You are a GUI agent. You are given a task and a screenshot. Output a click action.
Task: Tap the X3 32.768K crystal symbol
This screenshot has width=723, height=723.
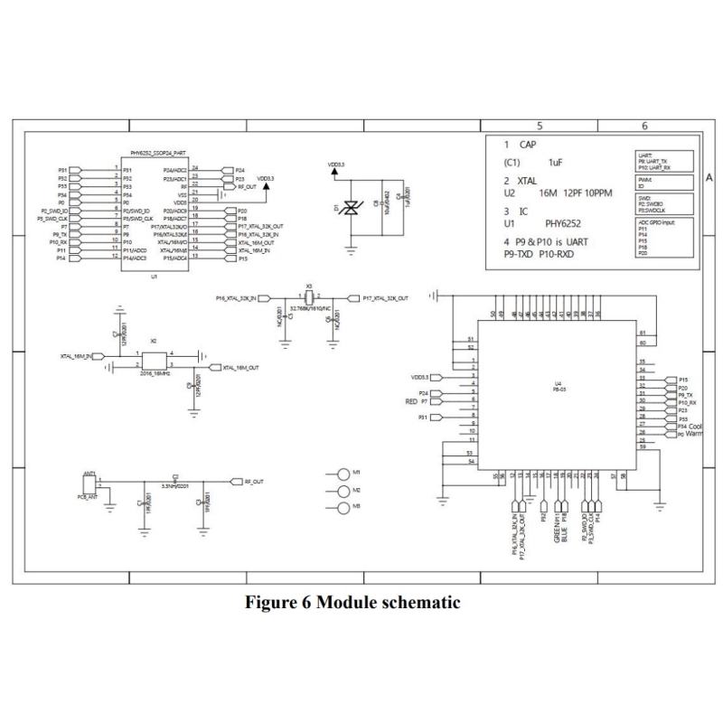pyautogui.click(x=309, y=297)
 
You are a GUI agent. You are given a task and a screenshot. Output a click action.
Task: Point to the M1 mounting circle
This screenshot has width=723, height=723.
pyautogui.click(x=343, y=474)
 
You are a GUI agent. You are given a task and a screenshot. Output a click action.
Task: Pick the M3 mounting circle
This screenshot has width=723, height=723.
pyautogui.click(x=343, y=509)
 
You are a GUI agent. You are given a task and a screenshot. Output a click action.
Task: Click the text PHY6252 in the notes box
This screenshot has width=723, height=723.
pyautogui.click(x=566, y=221)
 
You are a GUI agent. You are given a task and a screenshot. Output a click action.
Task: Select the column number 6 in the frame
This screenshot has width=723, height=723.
pyautogui.click(x=644, y=127)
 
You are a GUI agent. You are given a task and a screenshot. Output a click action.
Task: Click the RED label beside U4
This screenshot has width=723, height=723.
pyautogui.click(x=410, y=400)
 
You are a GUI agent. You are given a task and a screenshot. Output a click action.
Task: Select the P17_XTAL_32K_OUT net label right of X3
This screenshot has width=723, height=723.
pyautogui.click(x=386, y=297)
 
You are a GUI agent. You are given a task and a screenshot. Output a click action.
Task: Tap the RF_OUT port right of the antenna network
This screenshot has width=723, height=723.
pyautogui.click(x=250, y=482)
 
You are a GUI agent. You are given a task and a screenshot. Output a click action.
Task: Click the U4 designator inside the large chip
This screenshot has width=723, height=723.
pyautogui.click(x=558, y=383)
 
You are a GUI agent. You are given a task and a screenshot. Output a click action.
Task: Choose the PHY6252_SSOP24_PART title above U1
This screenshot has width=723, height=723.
pyautogui.click(x=158, y=155)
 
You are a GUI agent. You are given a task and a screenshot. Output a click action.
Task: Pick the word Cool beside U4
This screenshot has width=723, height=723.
pyautogui.click(x=696, y=425)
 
